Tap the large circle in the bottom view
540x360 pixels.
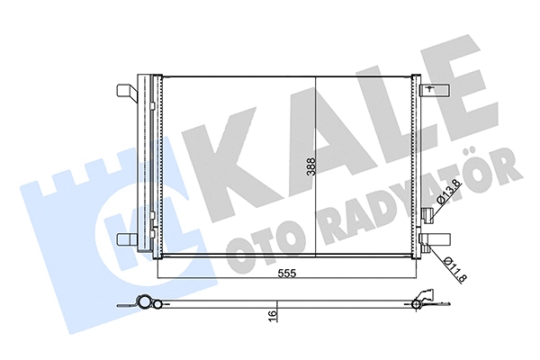pos(141,302)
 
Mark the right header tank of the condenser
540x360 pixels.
pos(417,166)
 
